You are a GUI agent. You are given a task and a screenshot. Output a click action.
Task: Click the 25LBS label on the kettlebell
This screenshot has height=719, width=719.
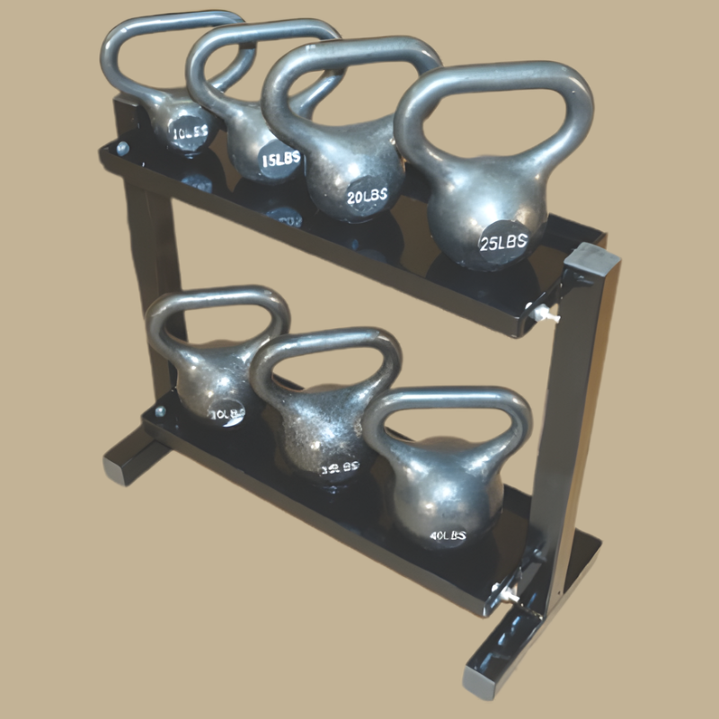point(502,241)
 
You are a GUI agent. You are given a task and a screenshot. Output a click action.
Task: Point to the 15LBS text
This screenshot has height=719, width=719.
point(280,159)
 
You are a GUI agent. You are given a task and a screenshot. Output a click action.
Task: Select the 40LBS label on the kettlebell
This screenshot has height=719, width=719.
point(447,536)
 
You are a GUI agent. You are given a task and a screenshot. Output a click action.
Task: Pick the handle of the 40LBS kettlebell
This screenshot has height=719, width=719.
point(449,399)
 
